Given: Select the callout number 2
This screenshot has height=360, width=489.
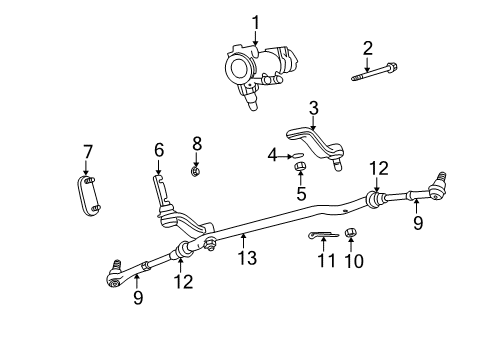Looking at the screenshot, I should point(367,47).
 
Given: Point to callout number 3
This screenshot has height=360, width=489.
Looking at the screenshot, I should point(312,108).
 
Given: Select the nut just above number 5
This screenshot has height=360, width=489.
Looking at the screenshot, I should point(299,164).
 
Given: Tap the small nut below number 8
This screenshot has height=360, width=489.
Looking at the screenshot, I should point(197,171).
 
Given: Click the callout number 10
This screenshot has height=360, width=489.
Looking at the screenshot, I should point(351,262).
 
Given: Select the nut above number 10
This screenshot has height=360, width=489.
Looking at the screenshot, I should point(351,234).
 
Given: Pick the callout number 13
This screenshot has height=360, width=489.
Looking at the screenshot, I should point(247,259).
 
